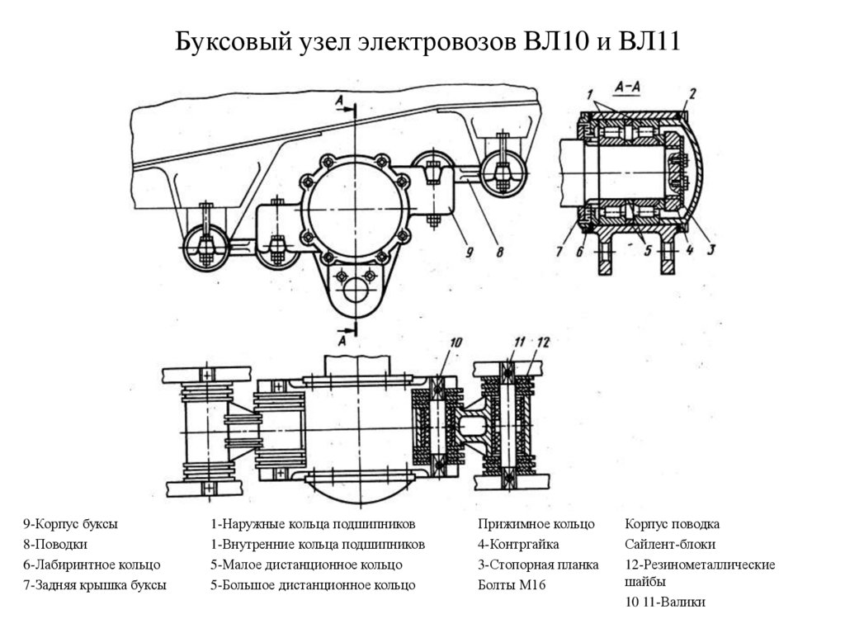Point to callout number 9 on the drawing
(x=469, y=253)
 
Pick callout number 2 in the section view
(x=692, y=92)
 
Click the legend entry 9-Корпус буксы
(x=70, y=524)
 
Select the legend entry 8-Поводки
(x=55, y=545)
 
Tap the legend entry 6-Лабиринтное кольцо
(x=92, y=565)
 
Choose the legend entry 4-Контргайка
(x=518, y=545)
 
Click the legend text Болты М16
(x=512, y=585)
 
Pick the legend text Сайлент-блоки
(x=670, y=545)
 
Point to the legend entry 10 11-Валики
(x=665, y=602)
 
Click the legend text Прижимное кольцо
(x=536, y=524)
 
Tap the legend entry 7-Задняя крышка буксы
(x=95, y=585)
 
